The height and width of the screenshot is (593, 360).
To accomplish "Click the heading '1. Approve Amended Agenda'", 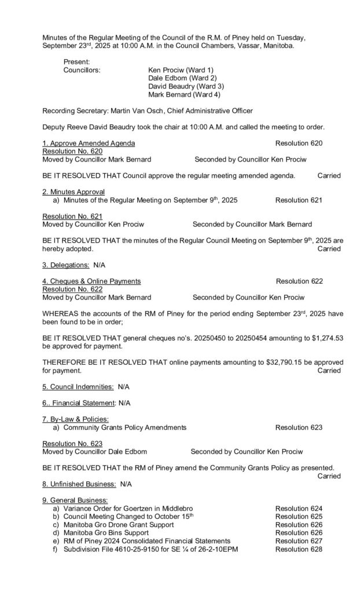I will click(89, 142).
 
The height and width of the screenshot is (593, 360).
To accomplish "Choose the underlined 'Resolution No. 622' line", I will click(73, 290).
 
